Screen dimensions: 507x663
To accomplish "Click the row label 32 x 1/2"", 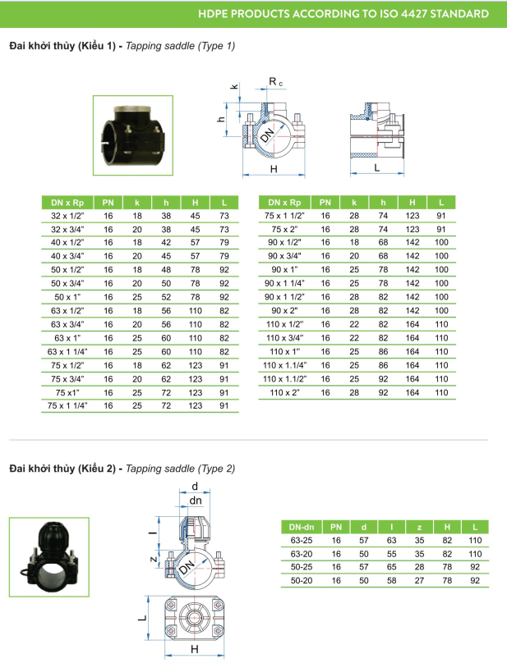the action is click(67, 216).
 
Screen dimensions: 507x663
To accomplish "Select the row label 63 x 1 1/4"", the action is click(67, 352).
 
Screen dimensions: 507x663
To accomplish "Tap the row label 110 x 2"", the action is click(284, 392).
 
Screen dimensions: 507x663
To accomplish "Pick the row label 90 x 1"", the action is click(284, 269).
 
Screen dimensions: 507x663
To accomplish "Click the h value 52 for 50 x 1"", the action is click(166, 297).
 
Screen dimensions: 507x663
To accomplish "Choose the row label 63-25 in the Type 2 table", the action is click(302, 541).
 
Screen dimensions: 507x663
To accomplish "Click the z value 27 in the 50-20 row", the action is click(419, 581).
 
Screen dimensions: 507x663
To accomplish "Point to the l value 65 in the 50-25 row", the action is click(392, 567).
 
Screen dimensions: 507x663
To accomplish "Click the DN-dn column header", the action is click(302, 528).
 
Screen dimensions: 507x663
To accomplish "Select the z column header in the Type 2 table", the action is click(419, 528).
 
